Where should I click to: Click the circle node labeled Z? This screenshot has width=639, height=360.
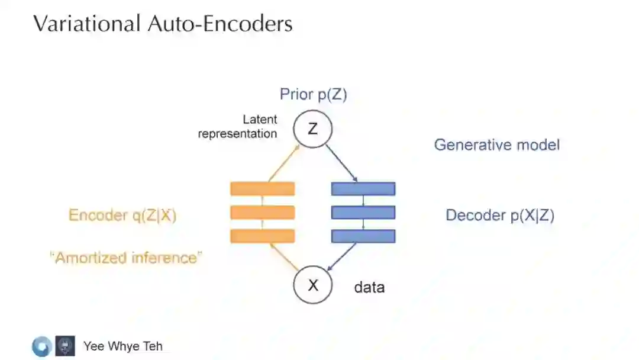[313, 128]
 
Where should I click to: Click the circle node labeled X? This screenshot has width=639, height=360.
[313, 285]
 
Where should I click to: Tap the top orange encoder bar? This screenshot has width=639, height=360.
[262, 189]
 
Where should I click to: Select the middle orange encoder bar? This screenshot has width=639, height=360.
[262, 212]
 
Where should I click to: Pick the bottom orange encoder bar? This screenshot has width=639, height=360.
[262, 236]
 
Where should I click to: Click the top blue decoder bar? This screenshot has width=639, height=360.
[363, 189]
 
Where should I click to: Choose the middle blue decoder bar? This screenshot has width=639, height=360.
[363, 212]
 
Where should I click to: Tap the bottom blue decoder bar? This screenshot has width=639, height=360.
[363, 236]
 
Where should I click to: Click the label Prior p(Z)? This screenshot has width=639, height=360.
[313, 94]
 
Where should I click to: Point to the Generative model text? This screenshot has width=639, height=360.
[496, 144]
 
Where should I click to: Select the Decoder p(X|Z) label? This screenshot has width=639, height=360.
[499, 216]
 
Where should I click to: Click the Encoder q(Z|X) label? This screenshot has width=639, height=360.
[122, 216]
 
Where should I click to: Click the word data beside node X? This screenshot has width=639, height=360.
[369, 288]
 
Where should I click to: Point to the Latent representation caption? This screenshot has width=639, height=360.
[238, 127]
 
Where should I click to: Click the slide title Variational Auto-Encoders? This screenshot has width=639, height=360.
[162, 24]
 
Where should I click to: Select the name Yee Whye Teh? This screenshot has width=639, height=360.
[123, 346]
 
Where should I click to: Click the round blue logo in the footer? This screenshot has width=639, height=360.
[41, 346]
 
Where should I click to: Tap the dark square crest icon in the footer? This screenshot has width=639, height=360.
[65, 346]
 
